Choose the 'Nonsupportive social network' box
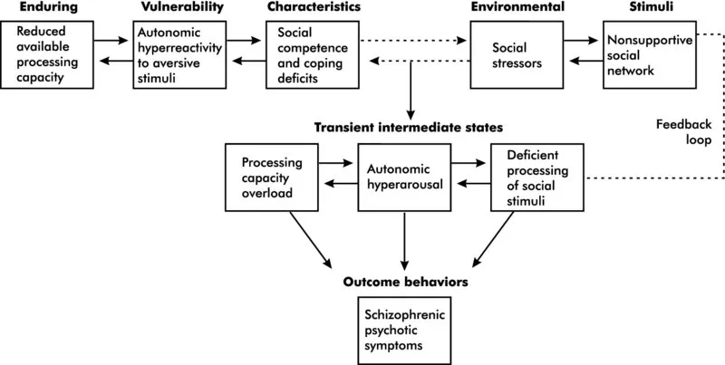(x=642, y=55)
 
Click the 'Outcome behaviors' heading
(x=405, y=283)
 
